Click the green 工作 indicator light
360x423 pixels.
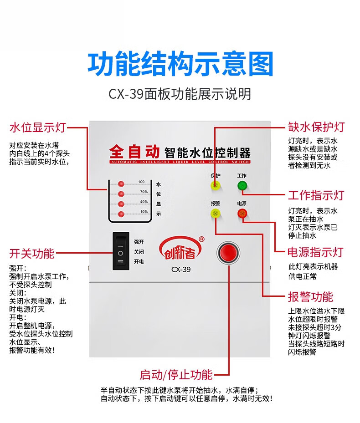[242, 185]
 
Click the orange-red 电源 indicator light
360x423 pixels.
[242, 213]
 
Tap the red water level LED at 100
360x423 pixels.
[121, 184]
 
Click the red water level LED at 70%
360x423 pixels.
[121, 194]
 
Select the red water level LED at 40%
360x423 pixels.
[121, 204]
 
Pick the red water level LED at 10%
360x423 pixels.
[121, 214]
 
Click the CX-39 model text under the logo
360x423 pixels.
[181, 269]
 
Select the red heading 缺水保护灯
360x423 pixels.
[316, 127]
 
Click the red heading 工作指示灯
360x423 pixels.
[316, 196]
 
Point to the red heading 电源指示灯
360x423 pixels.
[315, 252]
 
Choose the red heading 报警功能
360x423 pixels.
[310, 297]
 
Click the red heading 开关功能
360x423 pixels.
[32, 253]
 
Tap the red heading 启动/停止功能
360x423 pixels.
[176, 375]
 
